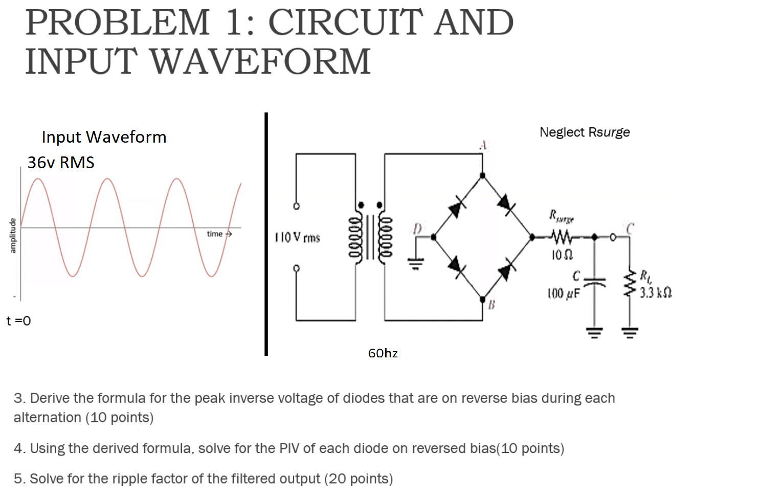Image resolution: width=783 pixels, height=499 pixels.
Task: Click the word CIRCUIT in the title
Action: [x=346, y=23]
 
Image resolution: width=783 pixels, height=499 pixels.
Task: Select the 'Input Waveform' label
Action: [x=104, y=137]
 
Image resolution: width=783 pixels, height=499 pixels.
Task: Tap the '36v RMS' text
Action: [x=61, y=163]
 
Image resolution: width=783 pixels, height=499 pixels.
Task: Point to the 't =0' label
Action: [x=18, y=321]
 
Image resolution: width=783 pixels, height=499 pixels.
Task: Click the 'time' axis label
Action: [x=215, y=234]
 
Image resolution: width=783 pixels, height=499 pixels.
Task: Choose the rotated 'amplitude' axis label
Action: [x=13, y=235]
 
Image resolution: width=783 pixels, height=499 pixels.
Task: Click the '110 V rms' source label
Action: [x=297, y=238]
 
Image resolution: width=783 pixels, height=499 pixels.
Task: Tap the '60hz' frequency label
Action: [x=383, y=353]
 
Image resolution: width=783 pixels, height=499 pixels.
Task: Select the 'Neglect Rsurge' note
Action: [x=585, y=132]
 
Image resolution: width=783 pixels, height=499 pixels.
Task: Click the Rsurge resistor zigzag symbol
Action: [x=562, y=237]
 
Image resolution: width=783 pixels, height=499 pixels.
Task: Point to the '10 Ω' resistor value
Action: [x=562, y=254]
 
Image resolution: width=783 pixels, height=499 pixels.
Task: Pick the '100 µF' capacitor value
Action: [x=564, y=293]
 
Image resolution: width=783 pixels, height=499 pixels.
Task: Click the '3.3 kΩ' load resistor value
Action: [x=655, y=293]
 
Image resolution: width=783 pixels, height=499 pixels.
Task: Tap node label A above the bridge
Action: [x=482, y=146]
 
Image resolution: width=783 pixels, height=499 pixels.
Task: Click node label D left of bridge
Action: [x=418, y=229]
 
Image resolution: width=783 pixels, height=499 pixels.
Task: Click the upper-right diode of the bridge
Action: [x=505, y=202]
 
